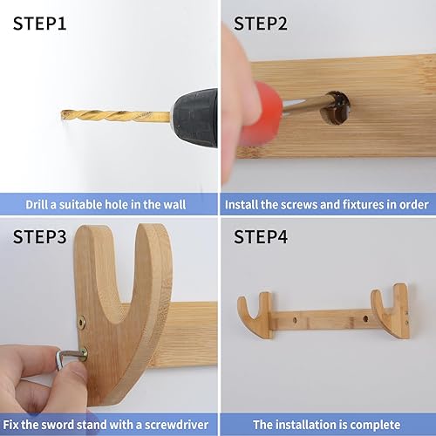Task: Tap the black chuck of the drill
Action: [194, 115]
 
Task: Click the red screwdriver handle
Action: [261, 114]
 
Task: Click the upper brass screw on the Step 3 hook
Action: [81, 321]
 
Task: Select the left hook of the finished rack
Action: [255, 313]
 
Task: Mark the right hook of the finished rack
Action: [392, 310]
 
